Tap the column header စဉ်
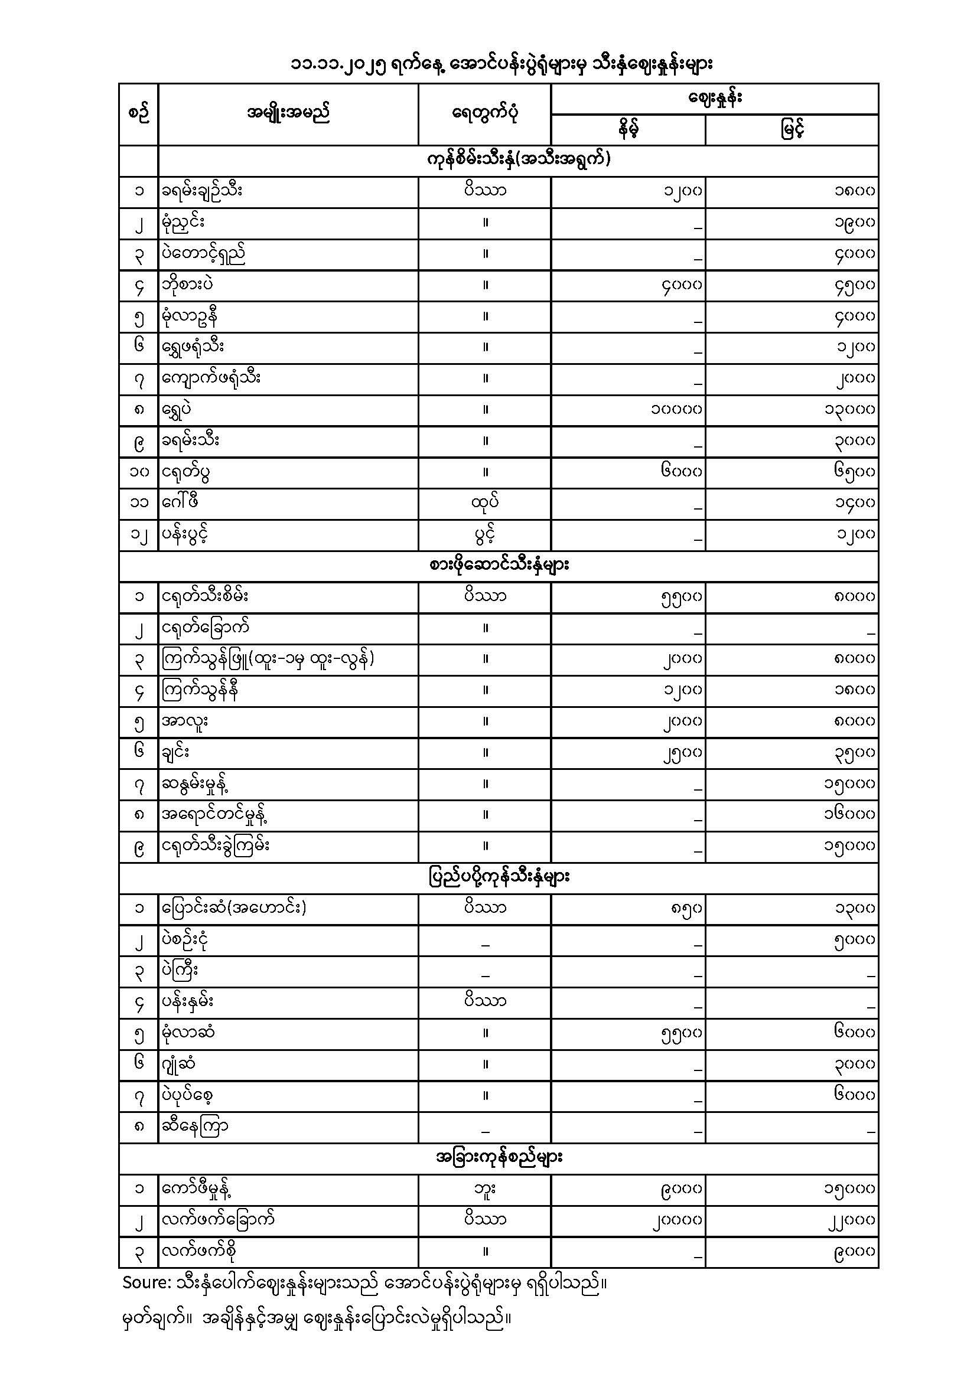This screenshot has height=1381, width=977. [x=138, y=114]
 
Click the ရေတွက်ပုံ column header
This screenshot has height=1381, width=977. [x=485, y=113]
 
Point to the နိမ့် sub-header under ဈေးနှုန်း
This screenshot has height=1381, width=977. [x=627, y=129]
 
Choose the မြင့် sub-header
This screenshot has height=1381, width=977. [x=792, y=129]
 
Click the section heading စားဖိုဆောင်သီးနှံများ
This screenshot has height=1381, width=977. [x=499, y=566]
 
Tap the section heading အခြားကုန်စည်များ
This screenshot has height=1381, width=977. [x=499, y=1157]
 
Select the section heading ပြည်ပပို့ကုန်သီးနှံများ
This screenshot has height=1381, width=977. [x=499, y=877]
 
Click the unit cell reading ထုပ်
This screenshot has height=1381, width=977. [x=485, y=502]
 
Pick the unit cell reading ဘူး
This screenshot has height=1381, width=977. [x=485, y=1189]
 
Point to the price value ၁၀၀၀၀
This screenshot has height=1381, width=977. [x=676, y=410]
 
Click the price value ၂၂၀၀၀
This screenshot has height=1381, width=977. [x=849, y=1220]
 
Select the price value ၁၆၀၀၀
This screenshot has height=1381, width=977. [x=849, y=814]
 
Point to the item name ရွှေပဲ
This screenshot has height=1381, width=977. [x=177, y=409]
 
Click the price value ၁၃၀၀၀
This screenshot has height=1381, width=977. [x=849, y=410]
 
